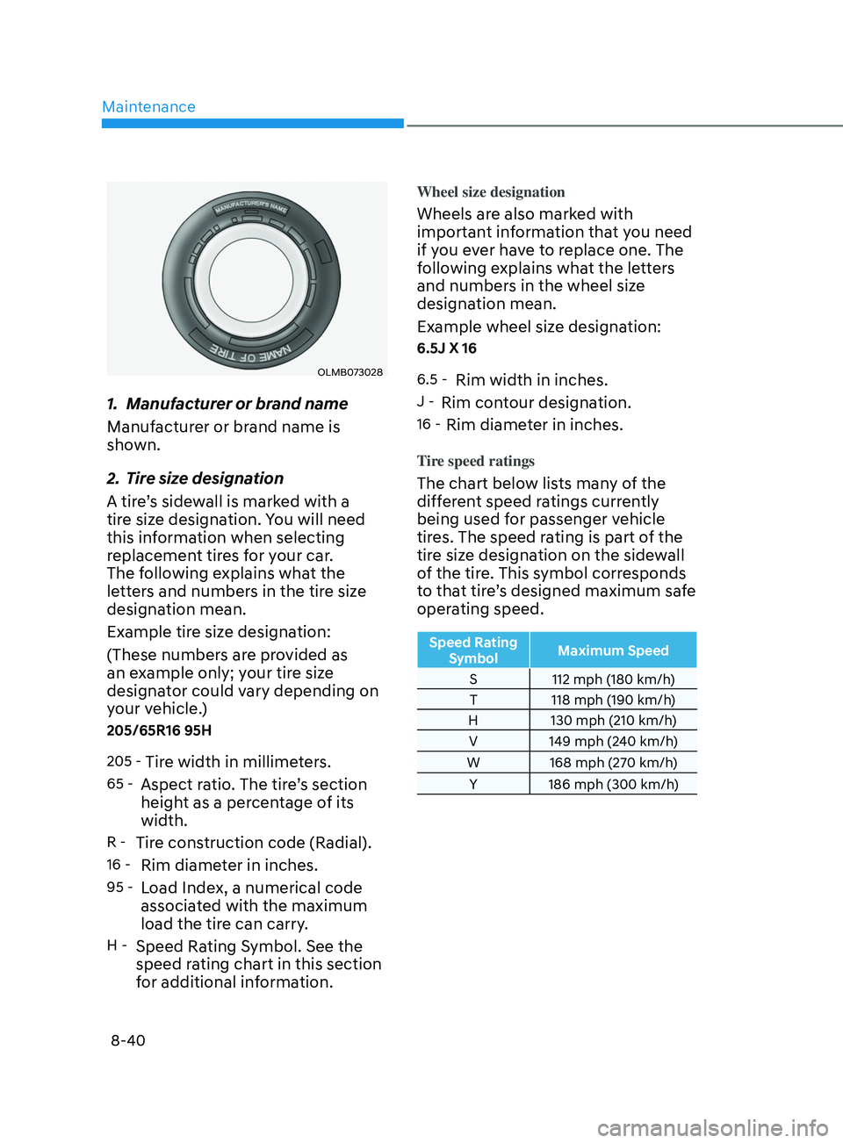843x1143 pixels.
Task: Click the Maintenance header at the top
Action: click(x=148, y=107)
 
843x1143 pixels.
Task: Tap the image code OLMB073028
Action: click(x=349, y=372)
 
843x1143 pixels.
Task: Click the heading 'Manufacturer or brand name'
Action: click(x=236, y=404)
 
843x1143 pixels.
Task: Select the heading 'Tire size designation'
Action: click(x=204, y=478)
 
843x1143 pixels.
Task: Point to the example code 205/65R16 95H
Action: click(x=159, y=730)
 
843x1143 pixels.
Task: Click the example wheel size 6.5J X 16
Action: click(x=446, y=349)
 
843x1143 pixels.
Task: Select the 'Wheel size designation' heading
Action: click(x=490, y=192)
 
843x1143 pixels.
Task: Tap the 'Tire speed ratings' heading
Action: click(x=475, y=461)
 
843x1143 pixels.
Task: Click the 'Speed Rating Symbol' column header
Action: click(x=473, y=651)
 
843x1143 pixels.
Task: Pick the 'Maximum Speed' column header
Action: click(x=613, y=651)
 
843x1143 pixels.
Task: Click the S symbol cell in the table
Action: click(x=473, y=679)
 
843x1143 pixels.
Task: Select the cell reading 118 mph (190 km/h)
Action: click(x=613, y=700)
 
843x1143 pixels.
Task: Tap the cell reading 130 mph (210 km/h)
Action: click(x=613, y=721)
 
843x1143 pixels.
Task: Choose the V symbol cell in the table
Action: click(x=473, y=742)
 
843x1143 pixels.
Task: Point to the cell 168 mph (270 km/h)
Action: click(x=613, y=763)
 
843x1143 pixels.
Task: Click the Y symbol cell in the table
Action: click(x=473, y=784)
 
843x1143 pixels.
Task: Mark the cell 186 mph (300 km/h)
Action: click(x=613, y=784)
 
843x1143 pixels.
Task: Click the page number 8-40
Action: click(x=128, y=1040)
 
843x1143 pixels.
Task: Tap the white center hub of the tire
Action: click(x=251, y=280)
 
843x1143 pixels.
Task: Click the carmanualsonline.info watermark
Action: click(x=712, y=1127)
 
